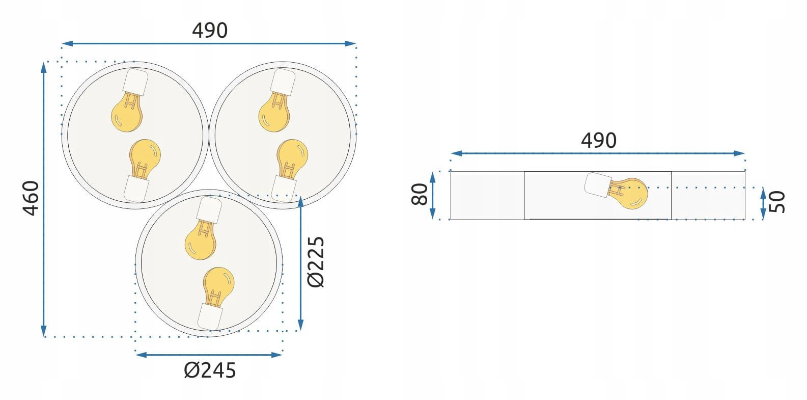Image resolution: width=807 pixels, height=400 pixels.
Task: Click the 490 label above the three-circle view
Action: click(x=210, y=30)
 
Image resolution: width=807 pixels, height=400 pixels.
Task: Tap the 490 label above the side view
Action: click(x=598, y=140)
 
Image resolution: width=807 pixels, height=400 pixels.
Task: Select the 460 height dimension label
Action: click(x=31, y=198)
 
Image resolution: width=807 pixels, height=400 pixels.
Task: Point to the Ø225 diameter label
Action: click(x=316, y=262)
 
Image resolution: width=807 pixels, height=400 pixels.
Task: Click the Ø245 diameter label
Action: click(x=210, y=370)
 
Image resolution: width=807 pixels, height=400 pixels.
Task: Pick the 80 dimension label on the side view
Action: click(x=420, y=194)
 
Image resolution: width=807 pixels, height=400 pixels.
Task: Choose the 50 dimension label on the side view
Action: click(x=777, y=202)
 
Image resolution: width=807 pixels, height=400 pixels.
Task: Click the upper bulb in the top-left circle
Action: click(x=127, y=112)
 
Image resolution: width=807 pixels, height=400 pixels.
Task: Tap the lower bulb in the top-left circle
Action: click(x=145, y=158)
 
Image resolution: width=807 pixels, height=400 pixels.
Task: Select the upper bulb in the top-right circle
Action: click(x=274, y=112)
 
